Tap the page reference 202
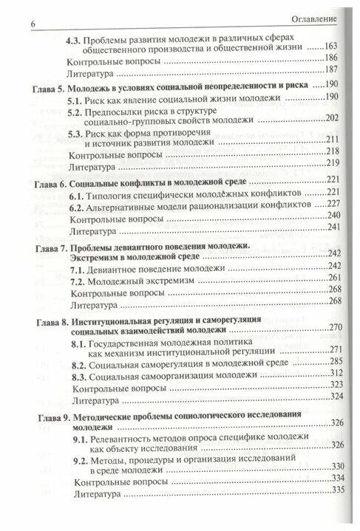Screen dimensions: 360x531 [330, 120]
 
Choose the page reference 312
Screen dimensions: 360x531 [330, 376]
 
